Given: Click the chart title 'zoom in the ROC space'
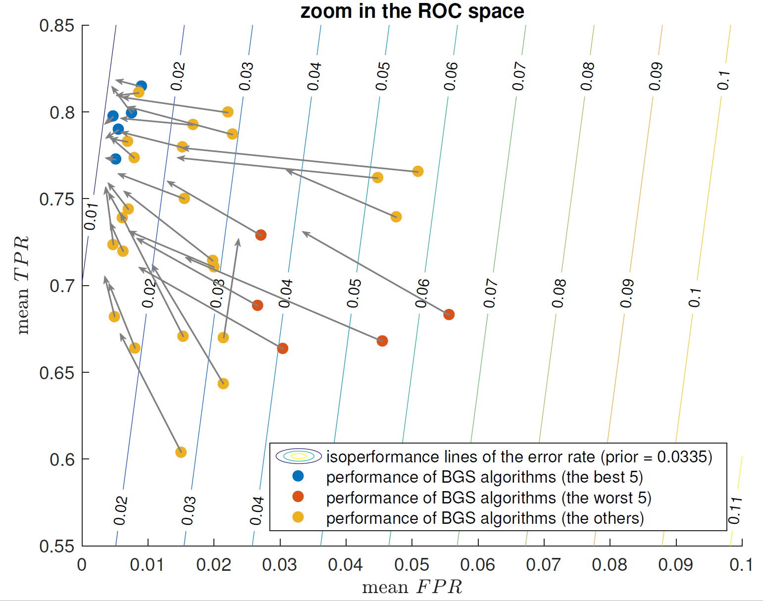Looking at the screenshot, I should point(412,11).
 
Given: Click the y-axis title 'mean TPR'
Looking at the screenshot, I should point(22,286).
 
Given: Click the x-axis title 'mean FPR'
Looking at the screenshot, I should point(412,587).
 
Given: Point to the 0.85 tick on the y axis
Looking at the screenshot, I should point(56,26).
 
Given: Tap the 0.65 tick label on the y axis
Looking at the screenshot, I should point(56,373).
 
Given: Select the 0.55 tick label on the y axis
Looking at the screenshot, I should point(56,547).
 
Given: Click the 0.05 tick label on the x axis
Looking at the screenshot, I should point(412,565).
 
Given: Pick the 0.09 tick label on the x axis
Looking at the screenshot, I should point(676,565).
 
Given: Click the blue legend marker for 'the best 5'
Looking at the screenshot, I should point(298,476).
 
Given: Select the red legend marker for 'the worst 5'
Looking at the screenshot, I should point(298,497).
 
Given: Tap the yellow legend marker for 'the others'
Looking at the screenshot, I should point(298,517).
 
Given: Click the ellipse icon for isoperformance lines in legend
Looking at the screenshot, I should point(299,456).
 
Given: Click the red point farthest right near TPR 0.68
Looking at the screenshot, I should point(449,314).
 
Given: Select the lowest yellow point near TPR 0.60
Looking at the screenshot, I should point(181,452).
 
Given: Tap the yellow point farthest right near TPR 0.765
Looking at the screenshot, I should point(418,171).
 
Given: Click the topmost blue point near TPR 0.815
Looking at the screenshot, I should point(141,86).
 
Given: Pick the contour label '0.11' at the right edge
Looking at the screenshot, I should point(735,510).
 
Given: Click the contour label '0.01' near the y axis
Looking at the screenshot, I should point(90,217).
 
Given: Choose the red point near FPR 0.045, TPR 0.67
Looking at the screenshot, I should point(382,341).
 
